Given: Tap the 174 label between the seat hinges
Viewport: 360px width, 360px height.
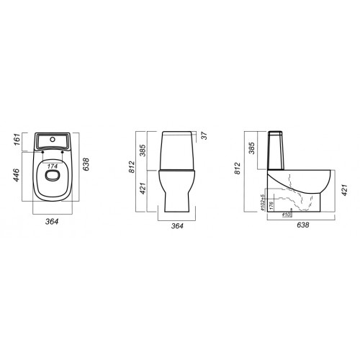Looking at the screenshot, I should click(52, 166).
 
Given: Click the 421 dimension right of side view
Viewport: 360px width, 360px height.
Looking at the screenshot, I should click(343, 189).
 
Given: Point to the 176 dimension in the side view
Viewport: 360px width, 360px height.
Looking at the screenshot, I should click(271, 204).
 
